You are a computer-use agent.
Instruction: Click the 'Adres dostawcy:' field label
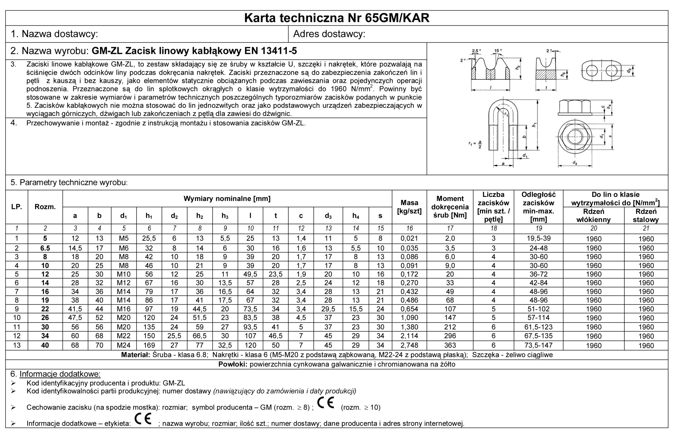pos(329,34)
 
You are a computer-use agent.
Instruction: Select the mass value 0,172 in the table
pos(409,274)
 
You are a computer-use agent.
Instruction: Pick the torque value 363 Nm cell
pos(450,345)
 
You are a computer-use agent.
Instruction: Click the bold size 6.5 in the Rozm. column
pos(45,248)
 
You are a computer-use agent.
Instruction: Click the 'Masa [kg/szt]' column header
pos(409,207)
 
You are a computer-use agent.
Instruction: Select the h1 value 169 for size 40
pos(149,345)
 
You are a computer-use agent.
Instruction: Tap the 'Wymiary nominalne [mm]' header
pos(227,198)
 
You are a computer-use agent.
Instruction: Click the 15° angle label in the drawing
pos(498,51)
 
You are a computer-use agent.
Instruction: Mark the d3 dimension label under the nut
pos(574,163)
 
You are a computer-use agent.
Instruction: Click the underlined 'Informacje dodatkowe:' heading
pos(60,374)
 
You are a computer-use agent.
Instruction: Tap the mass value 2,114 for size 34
pos(409,336)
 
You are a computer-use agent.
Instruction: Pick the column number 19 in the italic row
pos(538,228)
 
